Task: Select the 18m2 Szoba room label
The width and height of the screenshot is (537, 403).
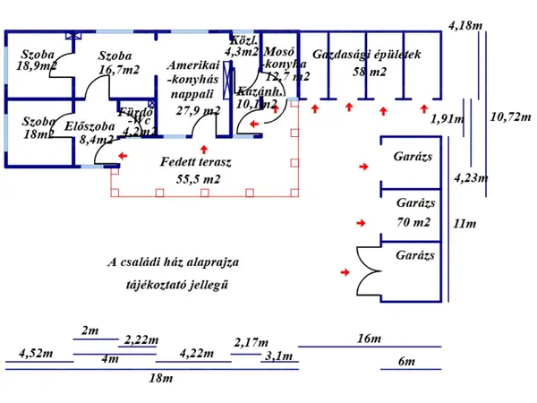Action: click(x=36, y=134)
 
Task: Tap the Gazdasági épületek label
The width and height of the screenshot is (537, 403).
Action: click(x=366, y=55)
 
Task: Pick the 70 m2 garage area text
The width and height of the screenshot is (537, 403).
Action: click(x=413, y=221)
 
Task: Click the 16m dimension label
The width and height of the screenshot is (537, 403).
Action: click(x=368, y=339)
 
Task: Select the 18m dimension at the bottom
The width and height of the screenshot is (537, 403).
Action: click(x=160, y=378)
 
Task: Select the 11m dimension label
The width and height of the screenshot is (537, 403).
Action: click(x=465, y=223)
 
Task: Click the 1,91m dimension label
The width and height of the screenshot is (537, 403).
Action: click(x=447, y=118)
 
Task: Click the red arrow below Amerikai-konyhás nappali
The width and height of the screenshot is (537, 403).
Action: click(x=205, y=149)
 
